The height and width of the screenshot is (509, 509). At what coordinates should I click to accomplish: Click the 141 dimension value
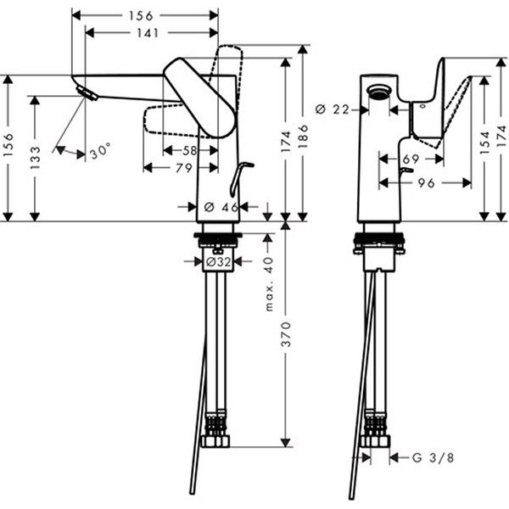145,33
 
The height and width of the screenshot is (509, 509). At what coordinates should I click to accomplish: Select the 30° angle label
100,153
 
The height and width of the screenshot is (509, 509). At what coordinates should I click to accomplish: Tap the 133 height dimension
35,157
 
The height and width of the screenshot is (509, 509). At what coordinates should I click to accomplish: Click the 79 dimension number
182,167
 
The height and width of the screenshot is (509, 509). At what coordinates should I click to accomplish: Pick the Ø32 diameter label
219,263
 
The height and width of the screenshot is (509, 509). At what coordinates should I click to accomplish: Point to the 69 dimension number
411,159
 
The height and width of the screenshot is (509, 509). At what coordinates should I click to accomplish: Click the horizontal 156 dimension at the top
145,15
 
